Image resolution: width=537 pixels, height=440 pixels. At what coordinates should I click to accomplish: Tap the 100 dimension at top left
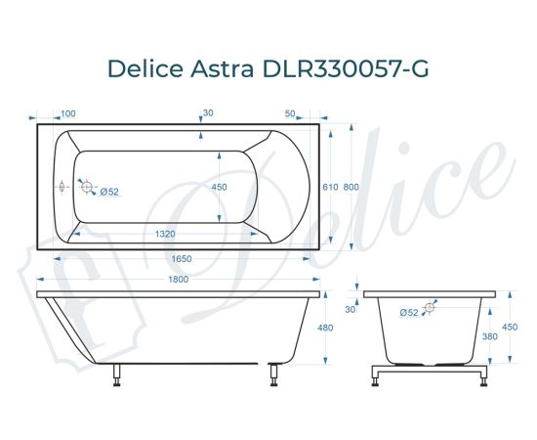tap(69, 113)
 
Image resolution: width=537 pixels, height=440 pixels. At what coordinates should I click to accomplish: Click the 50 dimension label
tap(290, 113)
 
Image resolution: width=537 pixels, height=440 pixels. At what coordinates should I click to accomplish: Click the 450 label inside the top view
tap(220, 187)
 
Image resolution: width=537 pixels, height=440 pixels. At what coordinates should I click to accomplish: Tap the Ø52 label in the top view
tap(109, 192)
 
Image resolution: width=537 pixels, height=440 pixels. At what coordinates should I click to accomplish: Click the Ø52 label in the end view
tap(408, 312)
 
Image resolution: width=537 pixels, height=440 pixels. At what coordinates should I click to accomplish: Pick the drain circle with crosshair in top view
tap(86, 186)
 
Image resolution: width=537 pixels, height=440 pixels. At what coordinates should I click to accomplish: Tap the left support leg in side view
tap(116, 373)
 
